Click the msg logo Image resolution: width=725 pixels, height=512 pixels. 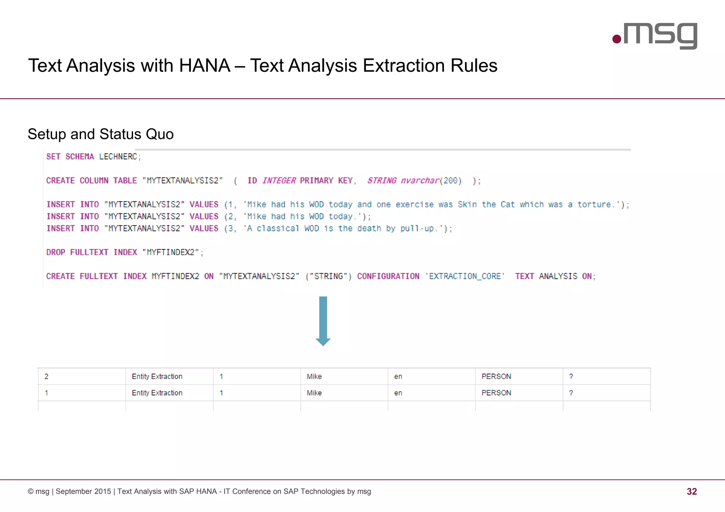tap(655, 35)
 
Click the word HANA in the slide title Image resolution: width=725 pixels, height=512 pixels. tap(205, 66)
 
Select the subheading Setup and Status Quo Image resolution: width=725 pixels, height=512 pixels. tap(101, 134)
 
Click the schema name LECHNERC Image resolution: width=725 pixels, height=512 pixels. tap(118, 157)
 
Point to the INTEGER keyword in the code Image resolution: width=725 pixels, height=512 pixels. tap(279, 181)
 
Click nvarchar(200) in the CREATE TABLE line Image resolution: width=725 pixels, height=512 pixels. tap(431, 181)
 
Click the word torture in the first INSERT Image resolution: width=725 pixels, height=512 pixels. tap(594, 205)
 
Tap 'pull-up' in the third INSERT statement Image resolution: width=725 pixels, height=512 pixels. tap(417, 229)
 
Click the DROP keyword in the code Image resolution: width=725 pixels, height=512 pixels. tap(56, 252)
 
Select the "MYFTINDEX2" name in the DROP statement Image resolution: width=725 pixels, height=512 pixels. tap(171, 252)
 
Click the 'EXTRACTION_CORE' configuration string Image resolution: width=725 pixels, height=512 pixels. tap(465, 276)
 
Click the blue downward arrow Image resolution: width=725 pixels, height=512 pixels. tap(323, 321)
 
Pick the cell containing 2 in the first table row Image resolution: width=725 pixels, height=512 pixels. tap(46, 376)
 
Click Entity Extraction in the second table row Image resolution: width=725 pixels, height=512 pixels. tap(157, 393)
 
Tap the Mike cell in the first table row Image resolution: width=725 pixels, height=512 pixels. tap(314, 376)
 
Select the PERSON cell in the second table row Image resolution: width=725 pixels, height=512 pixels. tap(496, 393)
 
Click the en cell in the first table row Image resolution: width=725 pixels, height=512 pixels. tap(398, 376)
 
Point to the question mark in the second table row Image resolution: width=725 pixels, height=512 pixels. tap(571, 393)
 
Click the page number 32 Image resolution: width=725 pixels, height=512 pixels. tap(691, 491)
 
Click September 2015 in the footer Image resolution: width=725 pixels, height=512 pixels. tap(83, 491)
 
